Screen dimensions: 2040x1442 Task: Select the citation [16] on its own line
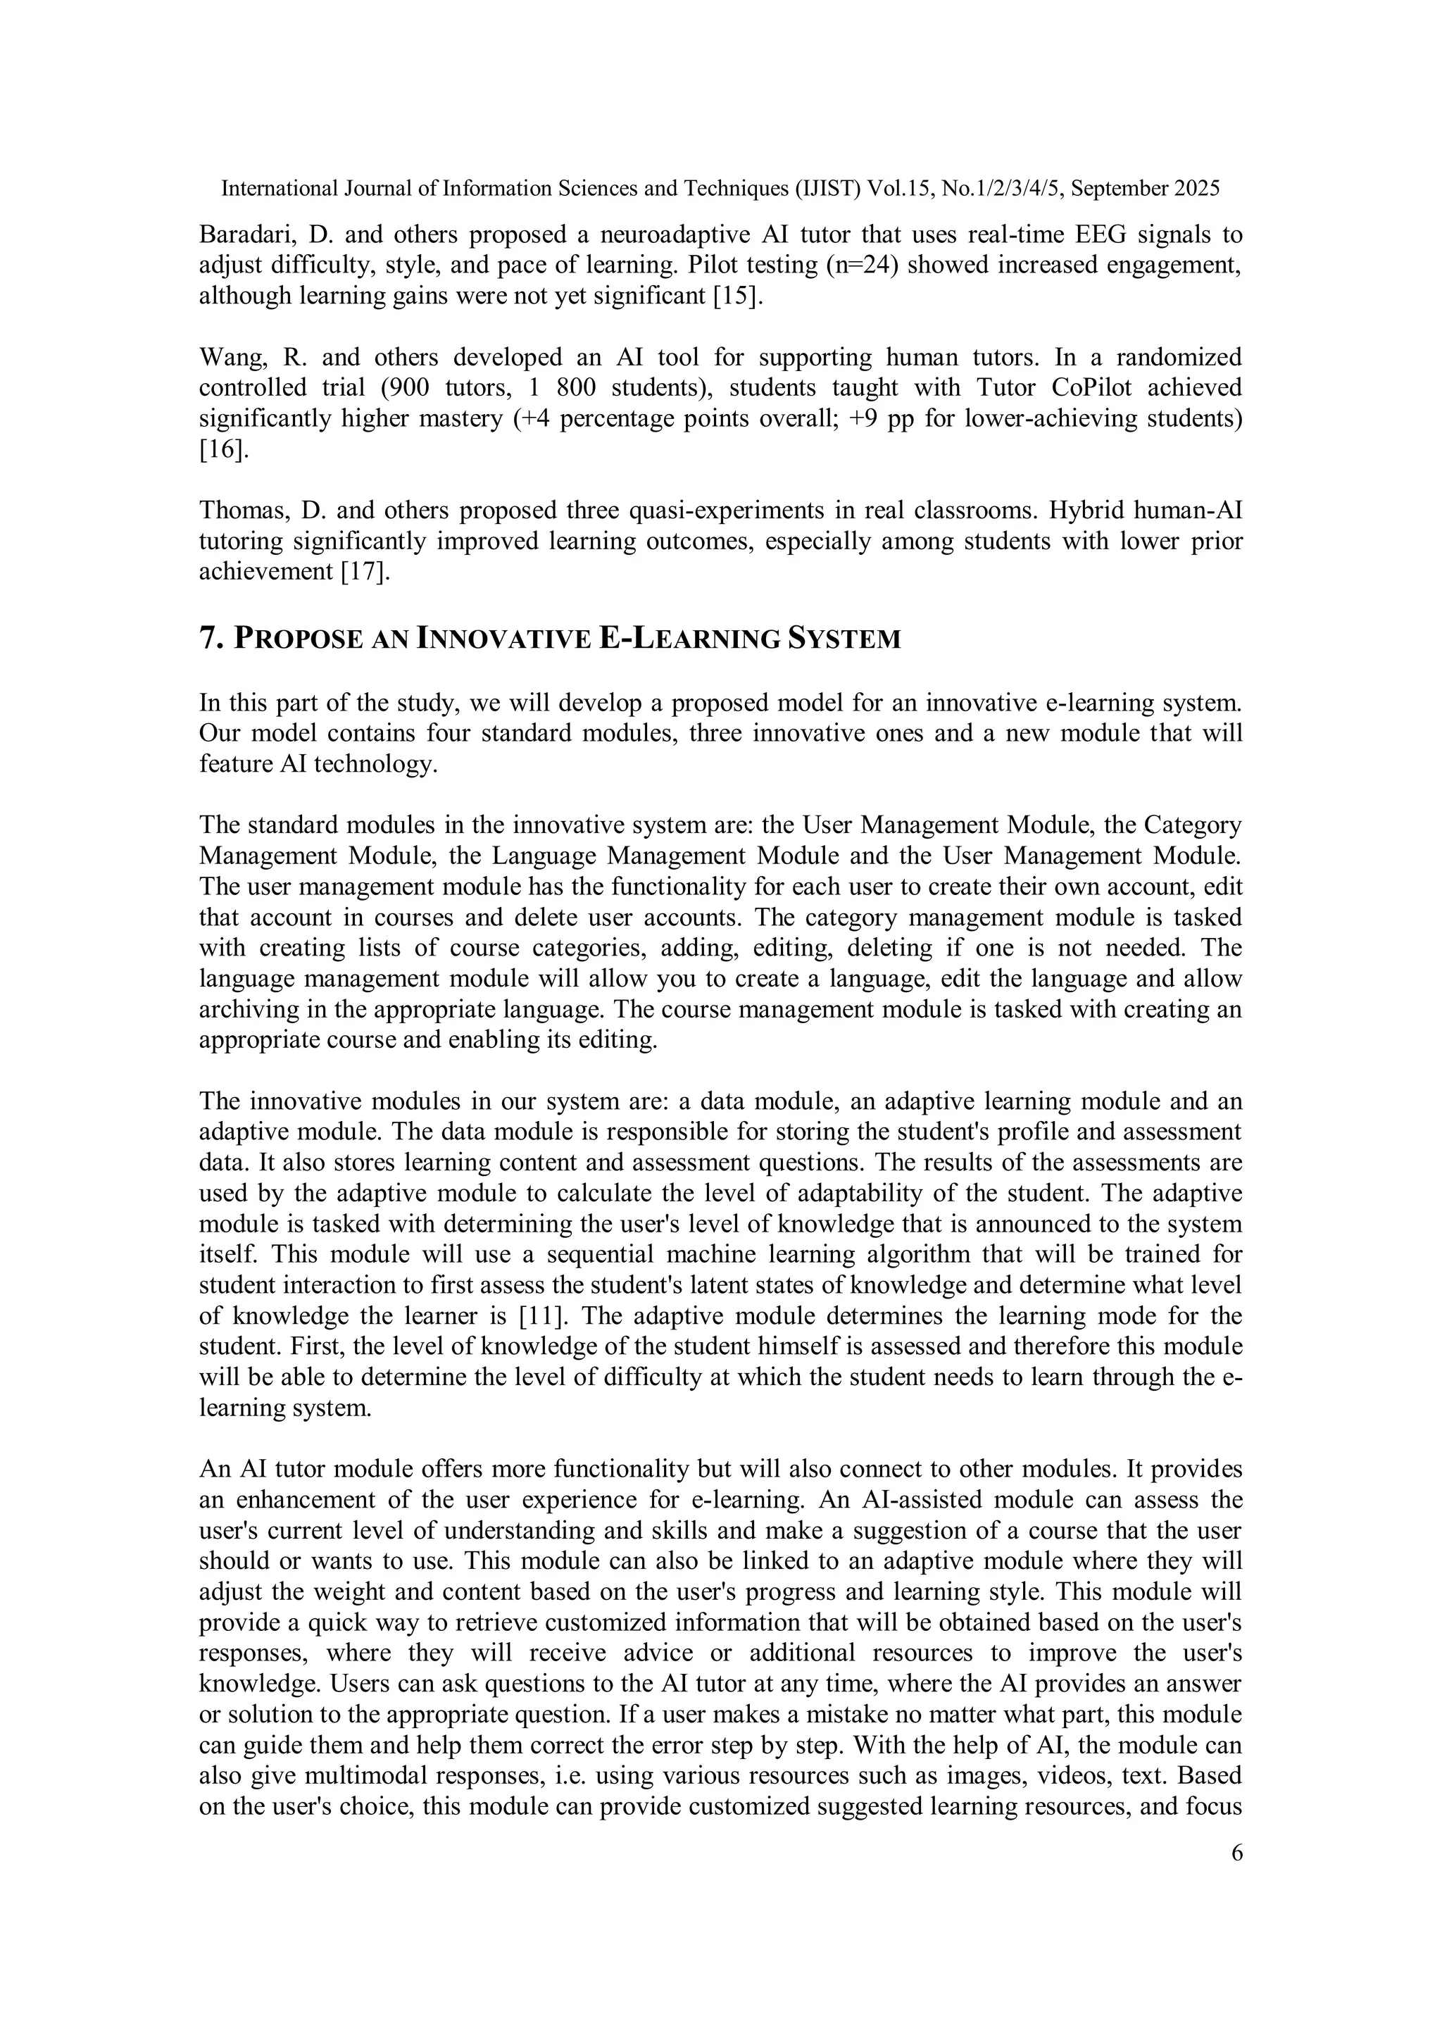click(221, 449)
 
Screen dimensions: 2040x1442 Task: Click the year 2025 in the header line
click(1196, 188)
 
